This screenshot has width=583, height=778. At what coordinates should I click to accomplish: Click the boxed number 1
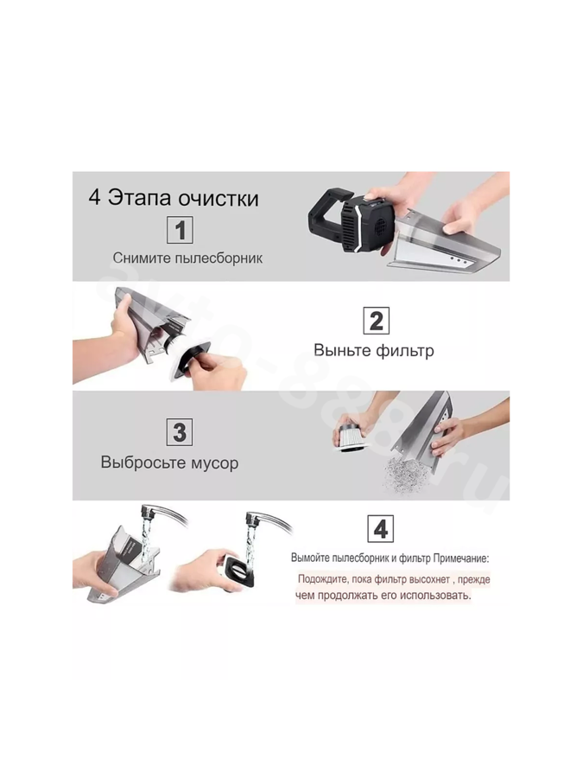[x=180, y=230]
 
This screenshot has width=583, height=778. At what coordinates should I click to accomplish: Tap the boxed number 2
[x=377, y=321]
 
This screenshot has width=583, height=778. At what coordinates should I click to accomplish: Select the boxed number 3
[x=180, y=432]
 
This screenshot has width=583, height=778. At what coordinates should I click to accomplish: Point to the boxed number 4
[x=380, y=529]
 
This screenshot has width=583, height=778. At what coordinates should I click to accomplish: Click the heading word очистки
[x=219, y=198]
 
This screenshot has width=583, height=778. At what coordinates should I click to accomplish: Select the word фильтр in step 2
[x=404, y=350]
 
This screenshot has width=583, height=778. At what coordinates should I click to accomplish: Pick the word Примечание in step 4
[x=461, y=558]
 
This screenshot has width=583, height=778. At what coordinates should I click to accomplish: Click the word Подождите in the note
[x=322, y=579]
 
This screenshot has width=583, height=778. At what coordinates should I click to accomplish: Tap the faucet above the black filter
[x=268, y=521]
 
